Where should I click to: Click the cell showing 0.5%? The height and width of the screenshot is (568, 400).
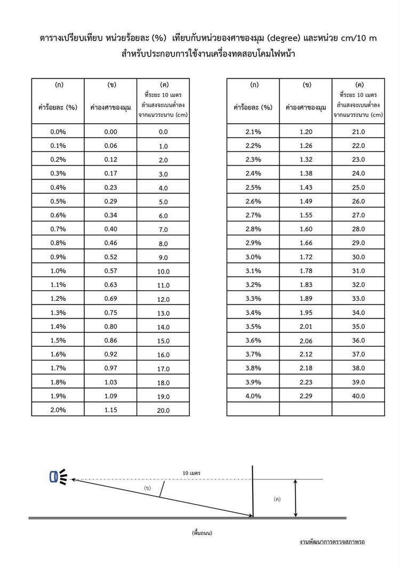pos(58,201)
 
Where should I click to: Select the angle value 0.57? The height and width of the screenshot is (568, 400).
pos(110,270)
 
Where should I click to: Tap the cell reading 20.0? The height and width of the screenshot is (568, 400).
pos(163,410)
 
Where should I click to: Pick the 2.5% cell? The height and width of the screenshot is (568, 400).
pos(253,187)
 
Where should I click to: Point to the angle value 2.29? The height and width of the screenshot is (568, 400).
pos(306,396)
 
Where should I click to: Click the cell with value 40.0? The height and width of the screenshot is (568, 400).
pos(358,396)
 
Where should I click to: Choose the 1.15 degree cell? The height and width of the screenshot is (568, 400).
pos(110,409)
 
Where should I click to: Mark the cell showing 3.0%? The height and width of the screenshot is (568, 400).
pos(253,257)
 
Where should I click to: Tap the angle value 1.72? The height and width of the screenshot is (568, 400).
pos(306,257)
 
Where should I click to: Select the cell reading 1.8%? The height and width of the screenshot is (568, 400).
pos(58,382)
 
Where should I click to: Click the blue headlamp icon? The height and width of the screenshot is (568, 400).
pos(54,477)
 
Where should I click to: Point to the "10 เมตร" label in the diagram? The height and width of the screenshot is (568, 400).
pos(191,473)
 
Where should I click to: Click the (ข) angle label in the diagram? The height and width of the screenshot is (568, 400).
pos(147,488)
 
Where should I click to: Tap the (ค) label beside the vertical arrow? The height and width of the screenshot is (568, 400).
pos(277,499)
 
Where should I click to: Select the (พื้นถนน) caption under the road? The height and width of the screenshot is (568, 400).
pos(202,533)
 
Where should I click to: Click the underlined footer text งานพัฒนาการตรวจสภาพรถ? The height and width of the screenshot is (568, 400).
pos(332,542)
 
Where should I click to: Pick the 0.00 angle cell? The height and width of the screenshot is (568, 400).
pos(110,132)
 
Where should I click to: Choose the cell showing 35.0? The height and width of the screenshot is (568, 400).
pos(358,326)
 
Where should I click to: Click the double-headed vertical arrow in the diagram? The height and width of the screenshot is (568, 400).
pos(295,498)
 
